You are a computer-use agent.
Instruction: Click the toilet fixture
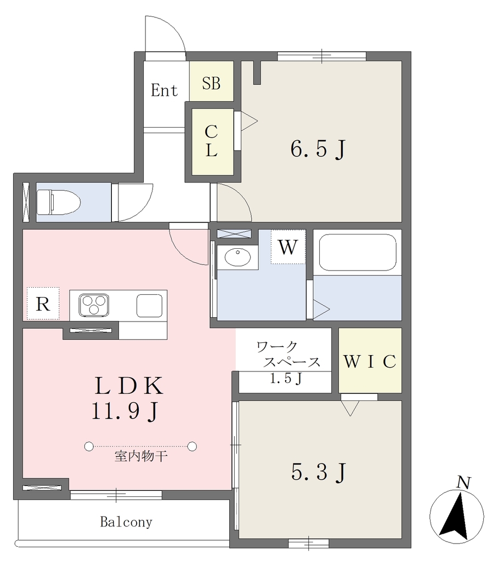58,202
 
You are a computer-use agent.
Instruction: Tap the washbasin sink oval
237,257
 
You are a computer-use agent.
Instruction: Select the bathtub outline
358,252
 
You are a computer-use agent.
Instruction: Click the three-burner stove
94,305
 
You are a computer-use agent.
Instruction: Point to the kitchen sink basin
149,306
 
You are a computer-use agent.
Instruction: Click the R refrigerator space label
43,304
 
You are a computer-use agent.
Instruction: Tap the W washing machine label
288,247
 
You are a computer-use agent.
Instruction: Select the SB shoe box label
211,83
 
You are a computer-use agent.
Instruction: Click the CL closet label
211,141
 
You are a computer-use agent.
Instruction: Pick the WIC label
370,362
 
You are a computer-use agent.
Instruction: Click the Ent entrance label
165,90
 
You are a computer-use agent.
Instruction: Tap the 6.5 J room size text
318,149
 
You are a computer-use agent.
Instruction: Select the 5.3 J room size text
319,472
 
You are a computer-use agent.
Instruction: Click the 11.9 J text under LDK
125,411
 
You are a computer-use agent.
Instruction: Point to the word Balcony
126,522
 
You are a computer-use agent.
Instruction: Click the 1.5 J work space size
286,378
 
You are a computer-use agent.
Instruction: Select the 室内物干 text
141,456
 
